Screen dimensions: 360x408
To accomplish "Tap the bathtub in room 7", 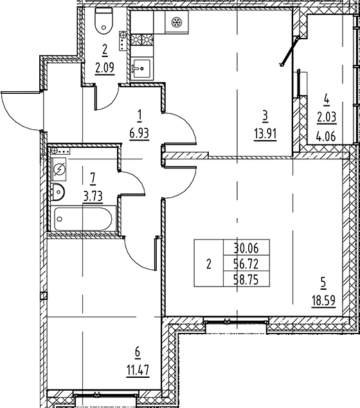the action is [84, 218].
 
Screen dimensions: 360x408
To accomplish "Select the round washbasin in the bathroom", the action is [58, 192].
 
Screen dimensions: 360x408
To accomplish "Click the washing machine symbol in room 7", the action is [60, 170].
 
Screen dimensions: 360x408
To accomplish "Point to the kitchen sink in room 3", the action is [141, 69].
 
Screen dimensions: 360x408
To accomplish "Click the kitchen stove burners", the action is [142, 40].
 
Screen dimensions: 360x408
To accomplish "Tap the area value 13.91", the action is [265, 135].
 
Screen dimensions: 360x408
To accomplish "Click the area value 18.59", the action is [323, 302].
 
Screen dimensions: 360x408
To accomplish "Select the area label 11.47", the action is [138, 369].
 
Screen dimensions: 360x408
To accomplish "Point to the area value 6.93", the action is [139, 134].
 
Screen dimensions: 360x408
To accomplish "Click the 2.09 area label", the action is [105, 69].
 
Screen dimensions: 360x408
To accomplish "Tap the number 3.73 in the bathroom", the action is [93, 196].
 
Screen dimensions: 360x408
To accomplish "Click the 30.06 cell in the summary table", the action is [246, 249].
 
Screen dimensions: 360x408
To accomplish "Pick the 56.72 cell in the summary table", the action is [246, 264].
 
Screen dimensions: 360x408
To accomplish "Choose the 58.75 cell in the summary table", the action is [246, 279].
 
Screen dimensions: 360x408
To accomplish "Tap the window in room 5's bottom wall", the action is [236, 322].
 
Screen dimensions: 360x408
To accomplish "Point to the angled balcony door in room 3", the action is [289, 51].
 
